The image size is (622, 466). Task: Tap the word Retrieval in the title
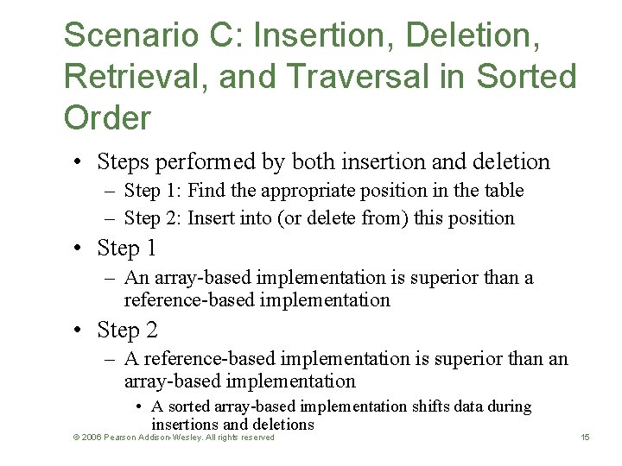point(133,77)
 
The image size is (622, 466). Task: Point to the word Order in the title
point(106,118)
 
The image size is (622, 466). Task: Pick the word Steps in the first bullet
point(124,161)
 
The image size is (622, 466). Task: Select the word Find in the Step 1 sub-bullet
point(205,190)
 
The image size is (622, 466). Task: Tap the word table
point(503,190)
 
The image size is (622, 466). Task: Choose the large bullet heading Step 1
point(126,249)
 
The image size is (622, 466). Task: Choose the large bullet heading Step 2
point(127,330)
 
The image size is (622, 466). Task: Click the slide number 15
point(585,438)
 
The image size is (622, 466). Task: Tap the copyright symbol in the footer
point(76,438)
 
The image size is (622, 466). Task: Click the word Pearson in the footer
point(121,438)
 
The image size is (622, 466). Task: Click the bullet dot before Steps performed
point(79,162)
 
